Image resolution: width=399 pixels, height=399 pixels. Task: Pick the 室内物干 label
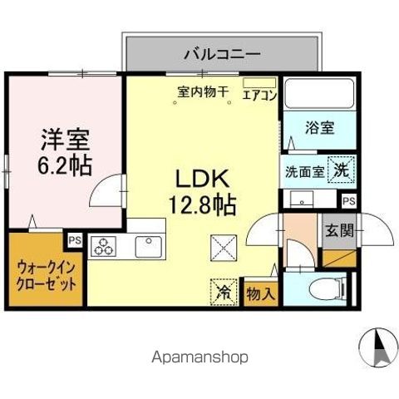click(x=202, y=91)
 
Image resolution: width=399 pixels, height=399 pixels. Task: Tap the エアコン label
click(x=259, y=94)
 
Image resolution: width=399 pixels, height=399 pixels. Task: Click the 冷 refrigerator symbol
click(x=223, y=291)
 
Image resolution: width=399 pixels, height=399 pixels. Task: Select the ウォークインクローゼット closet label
click(x=47, y=275)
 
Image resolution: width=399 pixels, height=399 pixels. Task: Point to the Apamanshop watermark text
click(x=199, y=357)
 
